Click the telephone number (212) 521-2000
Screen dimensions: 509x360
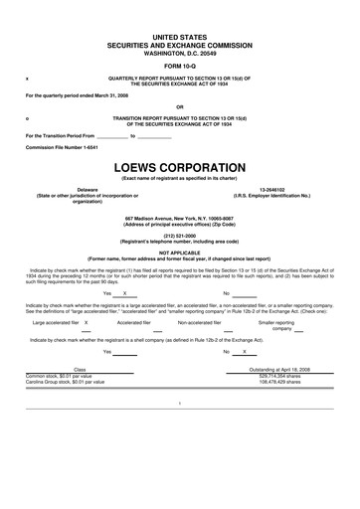[179, 236]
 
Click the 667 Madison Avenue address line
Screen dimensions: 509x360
[179, 218]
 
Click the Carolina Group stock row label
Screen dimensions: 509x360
[65, 382]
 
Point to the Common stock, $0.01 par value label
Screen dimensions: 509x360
[65, 376]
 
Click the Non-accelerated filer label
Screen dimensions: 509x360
[206, 323]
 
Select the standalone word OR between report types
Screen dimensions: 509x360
[179, 106]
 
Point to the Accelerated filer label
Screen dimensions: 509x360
[134, 323]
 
